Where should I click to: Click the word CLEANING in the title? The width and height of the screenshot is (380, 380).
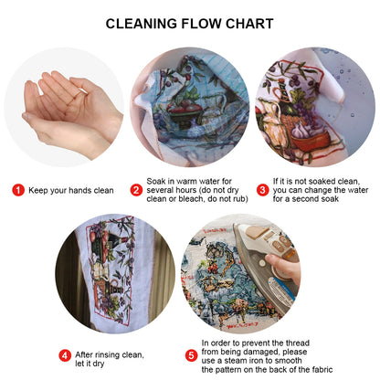point(145,25)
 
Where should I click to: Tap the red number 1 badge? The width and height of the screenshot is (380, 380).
point(17,190)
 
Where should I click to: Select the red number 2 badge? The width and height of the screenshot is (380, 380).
point(136,190)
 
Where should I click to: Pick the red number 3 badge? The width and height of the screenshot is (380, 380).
point(262,190)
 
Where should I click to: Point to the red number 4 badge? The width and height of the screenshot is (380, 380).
point(65,355)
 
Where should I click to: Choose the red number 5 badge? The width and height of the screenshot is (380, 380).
point(191,355)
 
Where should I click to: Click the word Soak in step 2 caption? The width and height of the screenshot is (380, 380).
point(157,182)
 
